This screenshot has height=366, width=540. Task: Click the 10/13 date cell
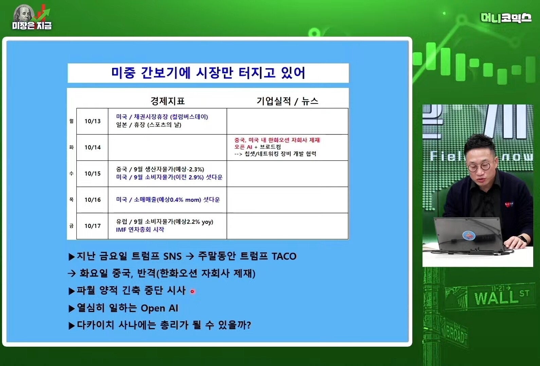click(x=92, y=121)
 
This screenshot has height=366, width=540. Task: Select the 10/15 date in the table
click(x=92, y=174)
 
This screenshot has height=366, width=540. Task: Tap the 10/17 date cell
click(x=92, y=226)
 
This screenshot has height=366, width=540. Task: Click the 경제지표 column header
click(x=167, y=101)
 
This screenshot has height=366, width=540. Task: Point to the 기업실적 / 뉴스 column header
click(x=287, y=101)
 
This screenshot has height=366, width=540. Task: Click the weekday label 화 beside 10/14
click(x=71, y=147)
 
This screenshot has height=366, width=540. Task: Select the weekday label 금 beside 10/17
click(x=71, y=226)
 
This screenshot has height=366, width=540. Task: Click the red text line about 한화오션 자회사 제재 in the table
click(x=277, y=140)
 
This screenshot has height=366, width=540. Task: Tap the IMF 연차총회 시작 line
click(x=140, y=230)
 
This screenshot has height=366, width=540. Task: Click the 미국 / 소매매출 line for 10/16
click(x=168, y=199)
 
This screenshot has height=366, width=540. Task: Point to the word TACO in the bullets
click(x=284, y=256)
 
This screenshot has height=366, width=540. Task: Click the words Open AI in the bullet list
click(x=159, y=308)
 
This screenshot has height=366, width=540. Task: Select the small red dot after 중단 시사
click(x=192, y=292)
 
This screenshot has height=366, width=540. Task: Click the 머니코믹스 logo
click(x=506, y=18)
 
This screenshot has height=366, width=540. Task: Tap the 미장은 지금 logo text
click(x=32, y=25)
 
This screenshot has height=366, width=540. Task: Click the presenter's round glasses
click(x=479, y=167)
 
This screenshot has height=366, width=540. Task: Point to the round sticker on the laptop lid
click(x=469, y=235)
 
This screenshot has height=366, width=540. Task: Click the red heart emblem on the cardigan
click(x=509, y=205)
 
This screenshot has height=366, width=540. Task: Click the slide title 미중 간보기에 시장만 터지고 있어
click(x=208, y=73)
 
